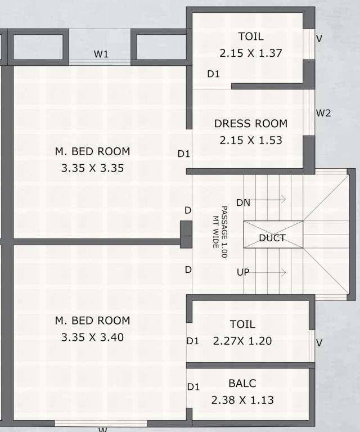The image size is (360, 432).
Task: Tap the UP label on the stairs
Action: (x=243, y=272)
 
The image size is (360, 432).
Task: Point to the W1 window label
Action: (x=101, y=55)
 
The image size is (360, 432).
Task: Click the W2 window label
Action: (x=323, y=113)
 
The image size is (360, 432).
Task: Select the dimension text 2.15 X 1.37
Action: (x=250, y=53)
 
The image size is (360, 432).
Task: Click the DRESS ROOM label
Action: (x=250, y=124)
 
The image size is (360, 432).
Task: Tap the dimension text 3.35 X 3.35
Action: (x=92, y=168)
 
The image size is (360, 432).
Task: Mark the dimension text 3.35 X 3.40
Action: (x=92, y=337)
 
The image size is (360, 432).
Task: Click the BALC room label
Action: (x=242, y=384)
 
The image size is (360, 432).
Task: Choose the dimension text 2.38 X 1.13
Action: (x=242, y=400)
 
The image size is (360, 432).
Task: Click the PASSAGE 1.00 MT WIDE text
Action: (x=220, y=231)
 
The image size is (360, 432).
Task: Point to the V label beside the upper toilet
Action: (x=319, y=39)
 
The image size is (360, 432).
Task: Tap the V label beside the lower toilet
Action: (x=319, y=343)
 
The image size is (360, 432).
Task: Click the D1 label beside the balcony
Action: (x=193, y=387)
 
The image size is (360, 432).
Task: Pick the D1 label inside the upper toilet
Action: (x=213, y=74)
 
